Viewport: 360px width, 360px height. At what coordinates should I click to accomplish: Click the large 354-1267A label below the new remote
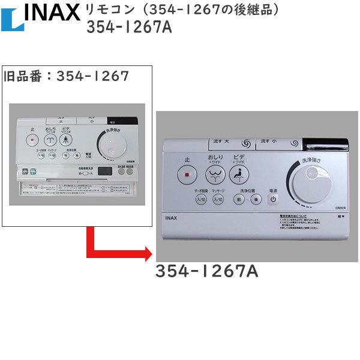(x=206, y=272)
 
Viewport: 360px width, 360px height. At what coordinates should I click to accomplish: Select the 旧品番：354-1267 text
(x=66, y=76)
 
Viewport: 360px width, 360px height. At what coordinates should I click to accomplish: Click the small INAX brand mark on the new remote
(x=169, y=218)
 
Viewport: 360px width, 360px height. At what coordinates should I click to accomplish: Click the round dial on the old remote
(x=113, y=144)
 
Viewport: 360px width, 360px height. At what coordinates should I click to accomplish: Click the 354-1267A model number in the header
(x=129, y=28)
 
